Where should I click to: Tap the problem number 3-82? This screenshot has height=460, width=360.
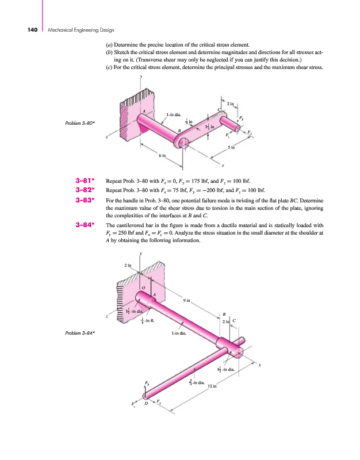tap(85, 191)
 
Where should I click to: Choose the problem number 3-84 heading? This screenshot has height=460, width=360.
tap(85, 225)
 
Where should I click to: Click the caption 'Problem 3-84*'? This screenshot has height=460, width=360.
tap(81, 333)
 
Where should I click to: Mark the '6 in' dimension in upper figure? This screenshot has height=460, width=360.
tap(163, 156)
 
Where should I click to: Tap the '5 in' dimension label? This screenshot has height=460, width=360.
tap(231, 148)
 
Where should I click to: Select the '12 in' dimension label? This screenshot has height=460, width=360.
tap(212, 386)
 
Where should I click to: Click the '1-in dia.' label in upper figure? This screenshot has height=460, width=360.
tap(173, 115)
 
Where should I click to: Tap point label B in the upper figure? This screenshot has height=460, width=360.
tap(179, 132)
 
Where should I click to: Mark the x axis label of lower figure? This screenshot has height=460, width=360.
tap(259, 365)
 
